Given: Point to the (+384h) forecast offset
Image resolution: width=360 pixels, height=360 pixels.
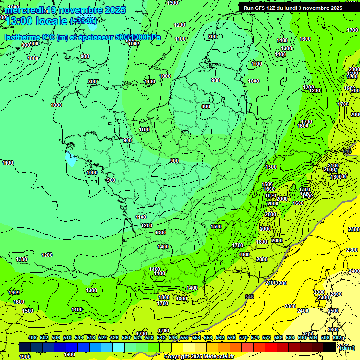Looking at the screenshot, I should point(83,21).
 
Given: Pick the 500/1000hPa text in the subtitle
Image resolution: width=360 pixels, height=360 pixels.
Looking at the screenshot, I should point(138,37).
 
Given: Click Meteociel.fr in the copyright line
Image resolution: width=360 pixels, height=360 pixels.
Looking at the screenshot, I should point(217,357).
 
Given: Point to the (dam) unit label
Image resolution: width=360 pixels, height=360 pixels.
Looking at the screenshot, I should point(347,347).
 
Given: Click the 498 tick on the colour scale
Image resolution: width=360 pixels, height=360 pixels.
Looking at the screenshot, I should point(32,337).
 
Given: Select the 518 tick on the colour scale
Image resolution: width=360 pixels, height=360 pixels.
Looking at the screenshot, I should point(91,337).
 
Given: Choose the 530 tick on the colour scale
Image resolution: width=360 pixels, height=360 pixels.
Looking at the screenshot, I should point(126,337).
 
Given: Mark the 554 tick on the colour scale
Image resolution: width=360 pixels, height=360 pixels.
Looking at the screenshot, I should point(196,337).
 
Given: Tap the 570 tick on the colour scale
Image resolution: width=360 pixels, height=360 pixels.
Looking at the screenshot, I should point(243,337).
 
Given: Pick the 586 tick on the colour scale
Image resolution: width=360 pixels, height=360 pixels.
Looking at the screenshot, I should point(290,337).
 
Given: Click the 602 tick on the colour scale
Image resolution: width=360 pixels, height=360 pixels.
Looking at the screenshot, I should point(337,337).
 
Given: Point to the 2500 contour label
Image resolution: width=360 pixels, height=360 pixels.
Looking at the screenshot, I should point(333,311).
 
